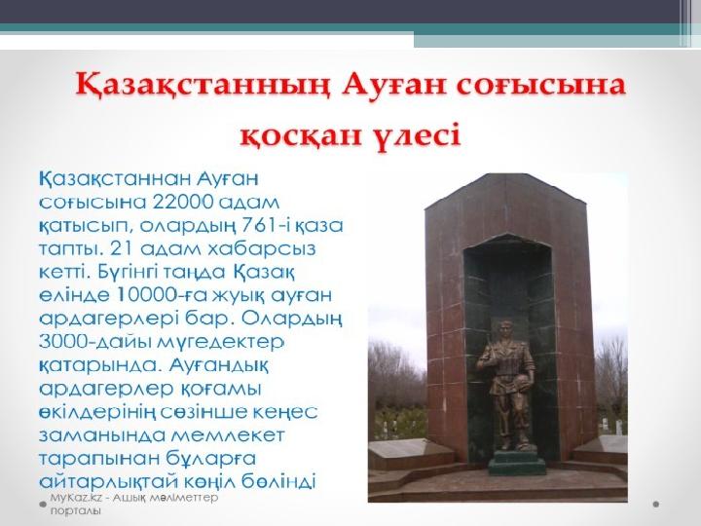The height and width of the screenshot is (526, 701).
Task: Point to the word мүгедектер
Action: pyautogui.click(x=229, y=342)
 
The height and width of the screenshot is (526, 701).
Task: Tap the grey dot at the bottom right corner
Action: pyautogui.click(x=656, y=504)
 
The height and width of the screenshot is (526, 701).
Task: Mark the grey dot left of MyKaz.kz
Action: pyautogui.click(x=41, y=504)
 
